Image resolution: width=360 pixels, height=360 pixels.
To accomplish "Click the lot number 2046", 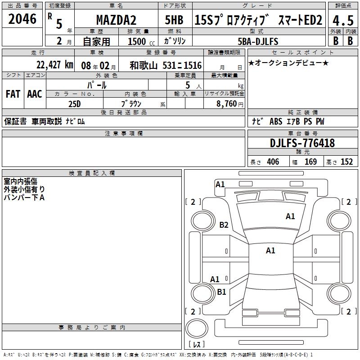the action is (22, 19).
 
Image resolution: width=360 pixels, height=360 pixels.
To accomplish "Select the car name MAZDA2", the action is (116, 20).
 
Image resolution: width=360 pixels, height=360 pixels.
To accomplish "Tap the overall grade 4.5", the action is (343, 20).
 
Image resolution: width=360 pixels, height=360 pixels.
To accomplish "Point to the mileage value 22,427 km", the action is (55, 65).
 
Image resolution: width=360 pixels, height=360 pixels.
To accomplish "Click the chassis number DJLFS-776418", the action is (302, 143).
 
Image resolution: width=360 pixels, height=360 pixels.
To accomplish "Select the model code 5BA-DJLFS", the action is (258, 41).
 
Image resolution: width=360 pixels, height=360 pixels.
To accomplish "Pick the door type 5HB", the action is (174, 20).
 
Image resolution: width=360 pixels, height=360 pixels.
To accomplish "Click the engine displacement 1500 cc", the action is (141, 41).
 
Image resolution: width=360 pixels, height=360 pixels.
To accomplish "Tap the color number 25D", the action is (75, 104).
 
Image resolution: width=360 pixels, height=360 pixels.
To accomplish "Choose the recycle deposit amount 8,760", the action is (227, 104).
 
